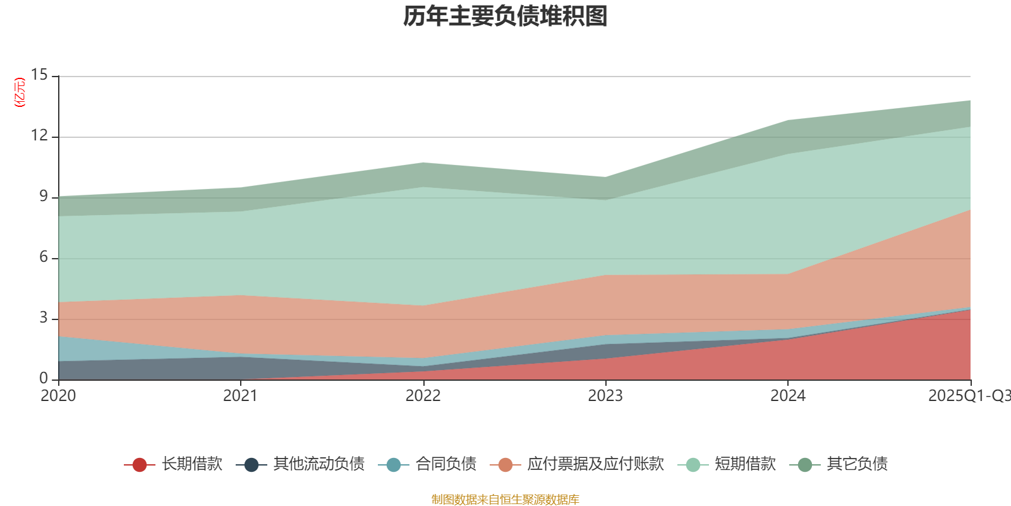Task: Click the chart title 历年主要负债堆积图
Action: tap(505, 17)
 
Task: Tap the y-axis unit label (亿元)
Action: tap(20, 92)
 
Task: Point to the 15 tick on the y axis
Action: tap(39, 75)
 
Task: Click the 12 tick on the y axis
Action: tap(39, 136)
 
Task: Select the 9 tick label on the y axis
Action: tap(43, 197)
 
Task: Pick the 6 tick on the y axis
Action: tap(43, 257)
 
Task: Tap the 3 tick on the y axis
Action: tap(43, 318)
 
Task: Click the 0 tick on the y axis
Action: tap(43, 379)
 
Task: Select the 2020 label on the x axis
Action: tap(58, 396)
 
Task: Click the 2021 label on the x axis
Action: tap(241, 396)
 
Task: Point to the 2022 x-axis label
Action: tap(423, 396)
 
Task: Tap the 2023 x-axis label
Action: tap(605, 396)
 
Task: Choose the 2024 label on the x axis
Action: tap(788, 396)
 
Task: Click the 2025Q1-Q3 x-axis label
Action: tap(969, 396)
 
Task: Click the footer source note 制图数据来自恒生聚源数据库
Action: tap(505, 500)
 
